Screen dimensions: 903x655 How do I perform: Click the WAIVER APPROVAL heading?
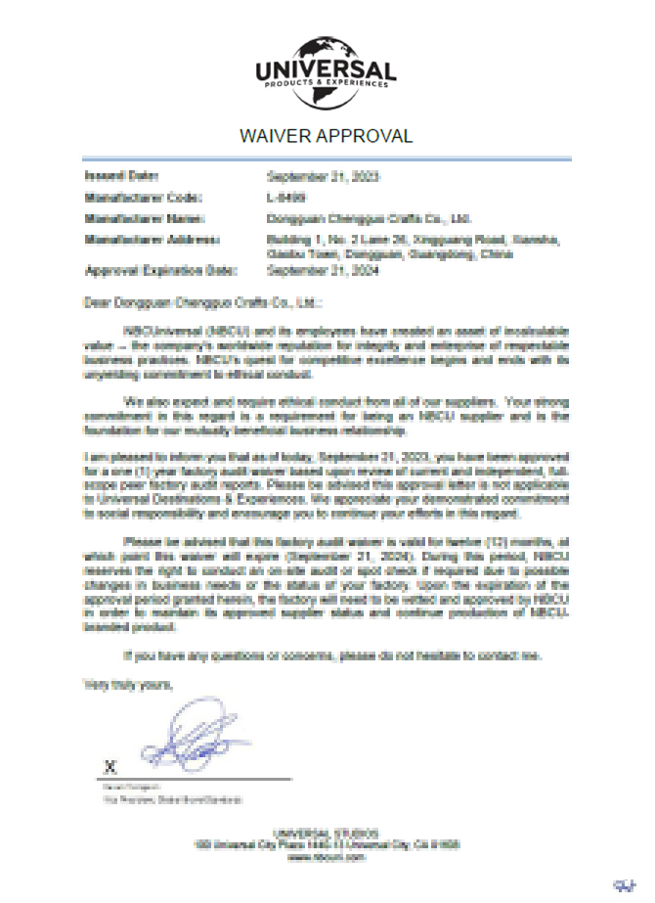tap(327, 135)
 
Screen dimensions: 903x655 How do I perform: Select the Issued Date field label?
tap(121, 177)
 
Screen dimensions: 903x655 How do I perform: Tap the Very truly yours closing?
tap(127, 684)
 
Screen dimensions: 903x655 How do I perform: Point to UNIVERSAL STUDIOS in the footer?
tap(327, 832)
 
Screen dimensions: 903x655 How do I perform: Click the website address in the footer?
tap(327, 856)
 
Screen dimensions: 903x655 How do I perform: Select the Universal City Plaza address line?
tap(327, 843)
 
